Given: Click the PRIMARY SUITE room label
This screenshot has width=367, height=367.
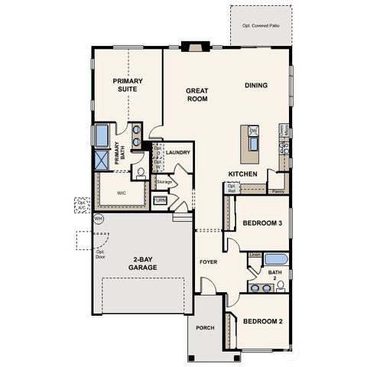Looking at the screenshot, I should click(128, 84).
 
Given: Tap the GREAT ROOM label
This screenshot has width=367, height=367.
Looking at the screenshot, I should click(197, 94).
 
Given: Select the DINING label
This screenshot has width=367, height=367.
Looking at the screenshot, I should click(256, 85).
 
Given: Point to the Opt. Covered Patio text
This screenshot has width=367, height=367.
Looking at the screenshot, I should click(261, 24).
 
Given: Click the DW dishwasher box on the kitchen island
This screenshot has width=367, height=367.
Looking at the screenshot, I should click(253, 132).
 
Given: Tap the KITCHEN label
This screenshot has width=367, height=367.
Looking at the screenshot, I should click(242, 174).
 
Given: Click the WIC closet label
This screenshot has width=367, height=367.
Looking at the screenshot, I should click(121, 193).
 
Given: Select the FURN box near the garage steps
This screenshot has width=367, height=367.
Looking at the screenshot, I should click(160, 200).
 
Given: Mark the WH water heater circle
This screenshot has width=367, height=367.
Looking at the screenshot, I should click(98, 219).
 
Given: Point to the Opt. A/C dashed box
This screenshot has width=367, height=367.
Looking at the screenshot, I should click(82, 205).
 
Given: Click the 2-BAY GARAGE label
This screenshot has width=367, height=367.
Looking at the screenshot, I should click(143, 264).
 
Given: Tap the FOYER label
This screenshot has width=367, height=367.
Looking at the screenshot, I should click(209, 261).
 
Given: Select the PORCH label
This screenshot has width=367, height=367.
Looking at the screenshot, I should click(204, 328).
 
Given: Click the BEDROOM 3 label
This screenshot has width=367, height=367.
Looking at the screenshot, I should click(263, 223).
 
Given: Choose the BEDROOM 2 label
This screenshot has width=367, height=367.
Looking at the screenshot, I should click(263, 321).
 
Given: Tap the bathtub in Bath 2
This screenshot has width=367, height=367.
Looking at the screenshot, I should click(276, 258).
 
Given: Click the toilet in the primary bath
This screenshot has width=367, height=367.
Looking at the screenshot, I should click(140, 171).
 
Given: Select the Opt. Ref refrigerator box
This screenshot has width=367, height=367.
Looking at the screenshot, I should click(231, 187).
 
